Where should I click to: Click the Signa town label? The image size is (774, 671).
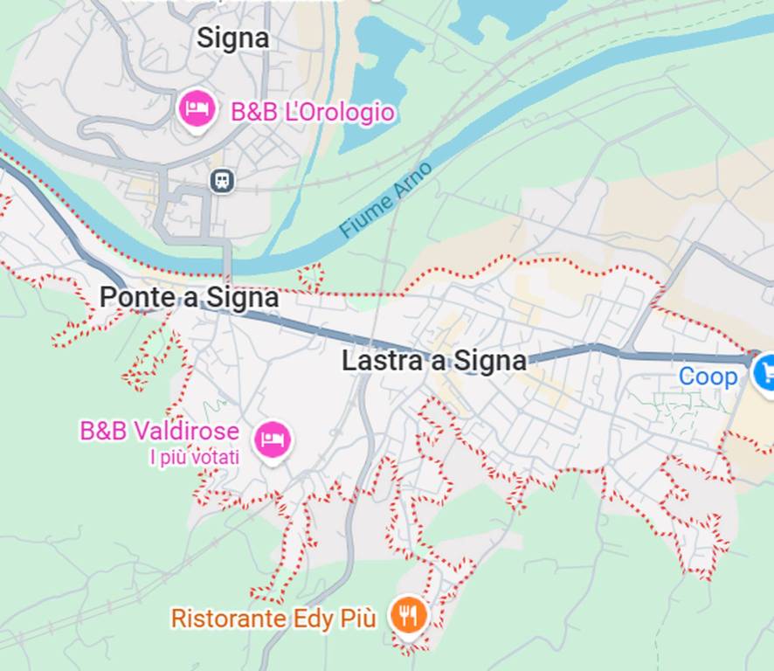pos(232,38)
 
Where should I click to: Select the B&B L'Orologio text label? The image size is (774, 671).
pos(312,113)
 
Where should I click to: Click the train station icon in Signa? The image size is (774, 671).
pos(223,181)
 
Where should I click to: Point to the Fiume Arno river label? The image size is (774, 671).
pos(385,200)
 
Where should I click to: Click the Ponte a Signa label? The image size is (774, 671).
pos(189,298)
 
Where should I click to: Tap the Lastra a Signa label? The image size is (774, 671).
pos(434,361)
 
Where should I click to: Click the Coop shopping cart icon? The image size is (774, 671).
pos(764,372)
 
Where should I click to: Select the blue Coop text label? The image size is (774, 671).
pos(708,377)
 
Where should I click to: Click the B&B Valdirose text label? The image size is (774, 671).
pos(159,432)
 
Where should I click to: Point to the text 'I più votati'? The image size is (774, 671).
pos(194,457)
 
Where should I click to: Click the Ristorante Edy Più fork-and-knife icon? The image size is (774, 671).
pos(407,615)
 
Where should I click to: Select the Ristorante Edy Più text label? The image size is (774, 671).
pos(273,619)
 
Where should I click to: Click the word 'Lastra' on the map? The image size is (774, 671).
pos(373,361)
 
